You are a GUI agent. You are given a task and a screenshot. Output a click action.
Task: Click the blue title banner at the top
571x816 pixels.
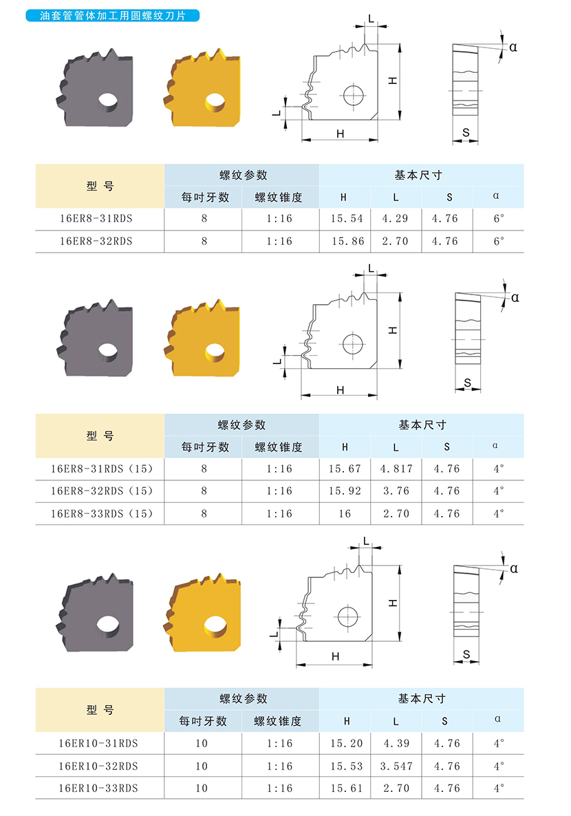coord(112,16)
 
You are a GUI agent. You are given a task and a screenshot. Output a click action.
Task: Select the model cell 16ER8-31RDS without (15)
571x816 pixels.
coord(96,219)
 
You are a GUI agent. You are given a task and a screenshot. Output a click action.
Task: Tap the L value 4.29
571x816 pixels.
coord(395,219)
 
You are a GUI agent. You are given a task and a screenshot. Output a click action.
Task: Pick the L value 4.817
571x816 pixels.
coord(396,469)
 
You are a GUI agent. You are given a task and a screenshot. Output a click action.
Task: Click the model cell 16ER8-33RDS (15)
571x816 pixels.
coord(102,514)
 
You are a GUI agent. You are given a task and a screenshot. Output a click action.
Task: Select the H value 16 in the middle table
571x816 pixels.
coord(345,514)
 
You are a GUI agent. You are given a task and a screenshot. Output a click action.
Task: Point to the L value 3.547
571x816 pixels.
coord(396,766)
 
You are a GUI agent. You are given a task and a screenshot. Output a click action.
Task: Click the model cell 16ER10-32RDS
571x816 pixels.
coord(98,766)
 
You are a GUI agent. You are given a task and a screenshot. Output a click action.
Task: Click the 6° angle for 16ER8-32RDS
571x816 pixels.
coord(499,241)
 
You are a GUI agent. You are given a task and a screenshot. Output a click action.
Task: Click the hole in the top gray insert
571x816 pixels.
coord(108,101)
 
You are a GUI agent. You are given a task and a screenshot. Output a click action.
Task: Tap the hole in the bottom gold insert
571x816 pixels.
coord(215,626)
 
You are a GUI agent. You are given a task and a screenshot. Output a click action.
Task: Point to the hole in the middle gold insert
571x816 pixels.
coord(214,352)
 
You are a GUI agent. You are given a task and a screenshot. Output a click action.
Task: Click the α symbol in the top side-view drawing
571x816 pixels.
coord(513,47)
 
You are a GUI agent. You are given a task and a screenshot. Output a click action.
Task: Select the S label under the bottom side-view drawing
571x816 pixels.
coord(466,654)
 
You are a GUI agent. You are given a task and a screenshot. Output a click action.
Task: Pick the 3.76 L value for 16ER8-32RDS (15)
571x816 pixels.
coord(396,491)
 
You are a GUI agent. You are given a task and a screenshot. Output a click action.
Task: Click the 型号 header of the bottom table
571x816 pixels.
coord(100,710)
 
